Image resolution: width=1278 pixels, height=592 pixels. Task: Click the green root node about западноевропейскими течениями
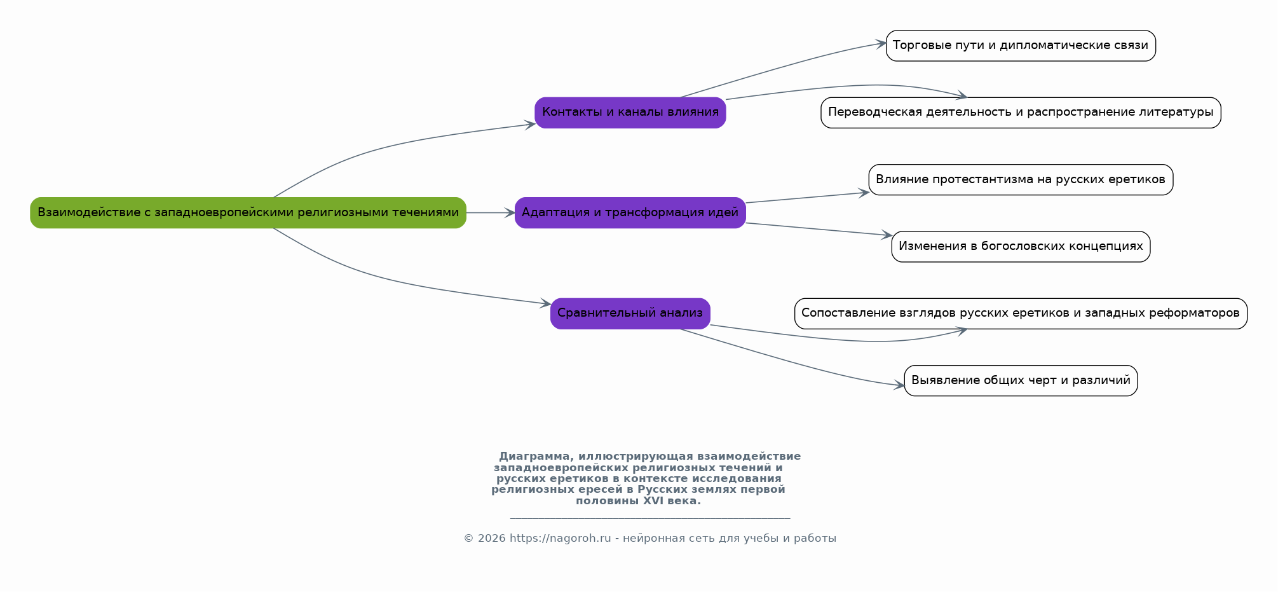point(248,212)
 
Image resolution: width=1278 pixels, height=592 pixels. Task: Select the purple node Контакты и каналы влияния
point(630,113)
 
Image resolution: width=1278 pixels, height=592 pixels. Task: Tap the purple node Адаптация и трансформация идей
point(630,212)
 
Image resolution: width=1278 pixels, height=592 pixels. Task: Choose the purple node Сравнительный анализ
point(630,313)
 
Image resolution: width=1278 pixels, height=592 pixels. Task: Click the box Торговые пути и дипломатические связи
point(1021,46)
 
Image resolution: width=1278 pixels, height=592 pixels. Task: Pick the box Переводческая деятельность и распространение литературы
point(1021,113)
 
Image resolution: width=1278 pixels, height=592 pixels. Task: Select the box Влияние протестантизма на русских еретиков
point(1021,179)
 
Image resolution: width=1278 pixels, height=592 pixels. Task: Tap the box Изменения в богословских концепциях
point(1021,247)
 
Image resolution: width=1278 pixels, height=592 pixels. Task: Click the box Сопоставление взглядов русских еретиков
point(1021,313)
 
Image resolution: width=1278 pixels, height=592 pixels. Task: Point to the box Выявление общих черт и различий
point(1021,380)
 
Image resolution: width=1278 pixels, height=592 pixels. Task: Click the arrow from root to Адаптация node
point(491,213)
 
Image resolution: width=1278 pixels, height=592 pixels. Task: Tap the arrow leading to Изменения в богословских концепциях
point(819,230)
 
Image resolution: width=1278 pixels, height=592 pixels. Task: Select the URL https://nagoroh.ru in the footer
point(560,539)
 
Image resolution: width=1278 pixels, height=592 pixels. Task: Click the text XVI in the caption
point(653,500)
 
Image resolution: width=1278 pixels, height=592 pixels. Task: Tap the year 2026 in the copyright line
point(492,539)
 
